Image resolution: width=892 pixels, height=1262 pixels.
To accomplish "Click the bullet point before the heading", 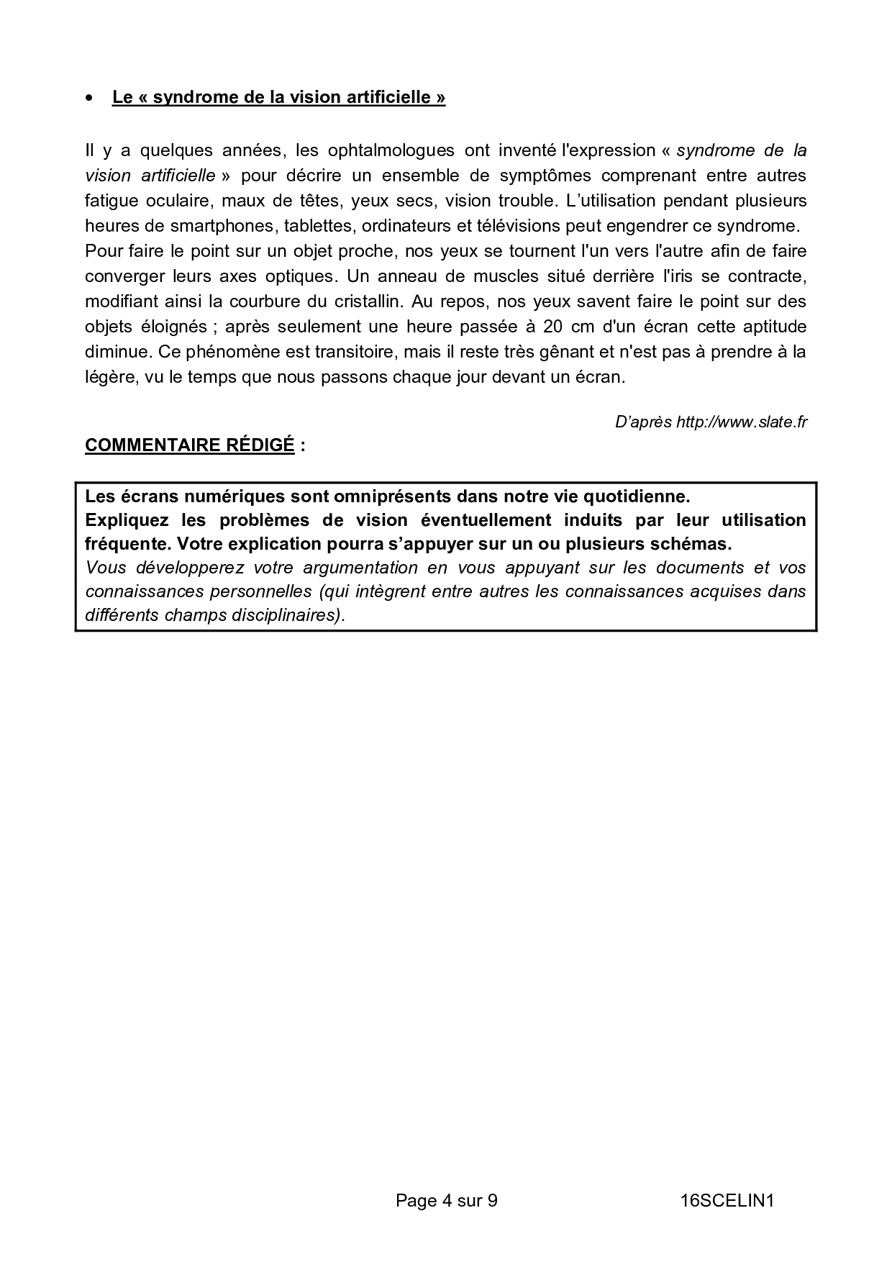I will [x=89, y=98].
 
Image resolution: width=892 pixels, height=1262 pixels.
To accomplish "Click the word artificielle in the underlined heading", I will [x=388, y=97].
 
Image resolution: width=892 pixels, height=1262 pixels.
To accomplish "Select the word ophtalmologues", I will [x=391, y=150].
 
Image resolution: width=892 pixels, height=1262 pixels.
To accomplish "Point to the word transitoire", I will [x=355, y=352].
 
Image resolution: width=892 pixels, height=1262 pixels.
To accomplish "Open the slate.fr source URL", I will [x=741, y=422].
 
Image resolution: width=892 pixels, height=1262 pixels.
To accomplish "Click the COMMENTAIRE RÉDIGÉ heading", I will [x=190, y=445].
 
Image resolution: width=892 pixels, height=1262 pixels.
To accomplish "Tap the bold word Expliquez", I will [x=127, y=520].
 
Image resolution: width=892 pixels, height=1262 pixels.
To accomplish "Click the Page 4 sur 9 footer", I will [x=446, y=1200].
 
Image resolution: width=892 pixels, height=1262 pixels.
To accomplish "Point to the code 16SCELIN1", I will [x=727, y=1200].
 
